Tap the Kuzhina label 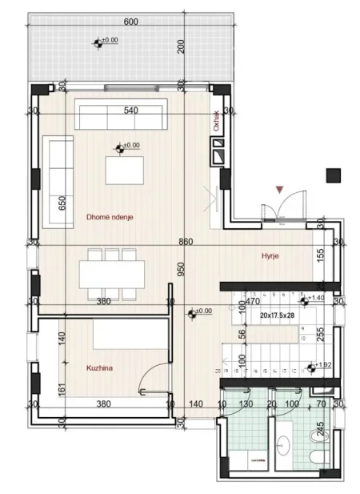click(100, 368)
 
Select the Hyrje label click(269, 256)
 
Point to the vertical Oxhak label click(216, 120)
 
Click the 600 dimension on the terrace click(131, 22)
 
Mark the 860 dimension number click(186, 242)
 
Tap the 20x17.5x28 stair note click(278, 315)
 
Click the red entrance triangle click(278, 190)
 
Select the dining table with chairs click(111, 273)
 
